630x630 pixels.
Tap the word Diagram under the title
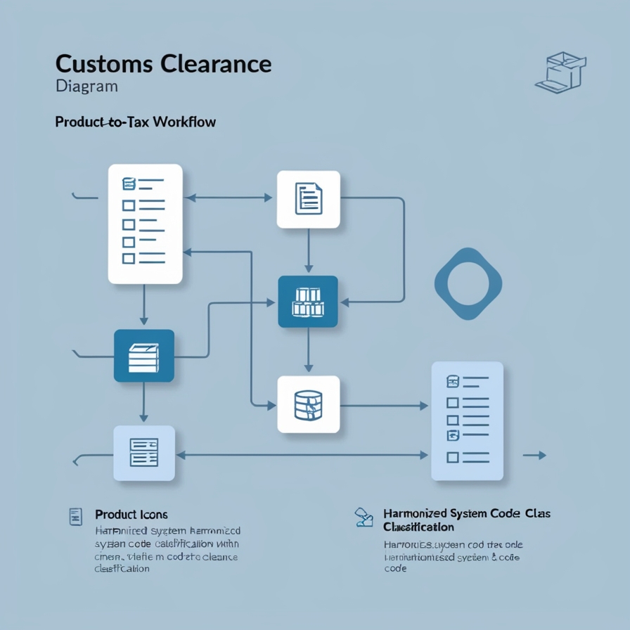(x=86, y=87)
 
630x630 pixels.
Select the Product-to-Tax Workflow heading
(x=135, y=122)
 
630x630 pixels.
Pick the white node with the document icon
(x=308, y=199)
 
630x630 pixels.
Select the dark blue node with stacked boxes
(x=308, y=302)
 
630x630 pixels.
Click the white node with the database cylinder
(x=308, y=404)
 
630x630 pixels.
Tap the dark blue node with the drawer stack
(x=143, y=356)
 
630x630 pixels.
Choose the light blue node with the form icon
(x=143, y=452)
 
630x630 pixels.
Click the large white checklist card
(x=145, y=224)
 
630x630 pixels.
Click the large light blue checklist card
(x=467, y=420)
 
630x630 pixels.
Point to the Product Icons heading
(x=131, y=515)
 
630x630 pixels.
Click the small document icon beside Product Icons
(x=75, y=516)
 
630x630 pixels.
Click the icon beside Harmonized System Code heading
(x=364, y=517)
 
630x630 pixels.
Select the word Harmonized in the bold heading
(x=416, y=514)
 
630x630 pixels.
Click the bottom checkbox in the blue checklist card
(x=452, y=457)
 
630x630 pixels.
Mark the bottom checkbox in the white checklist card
(x=128, y=259)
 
